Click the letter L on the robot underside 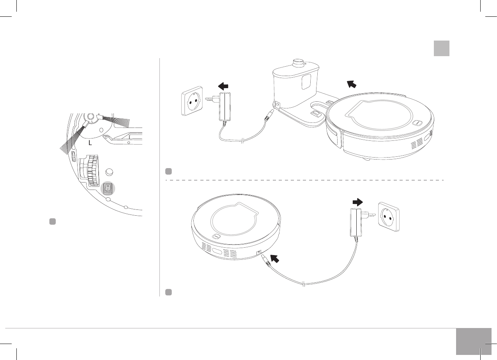[90, 143]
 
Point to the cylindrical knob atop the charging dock [299, 62]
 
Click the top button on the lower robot [216, 236]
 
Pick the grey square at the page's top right [441, 48]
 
